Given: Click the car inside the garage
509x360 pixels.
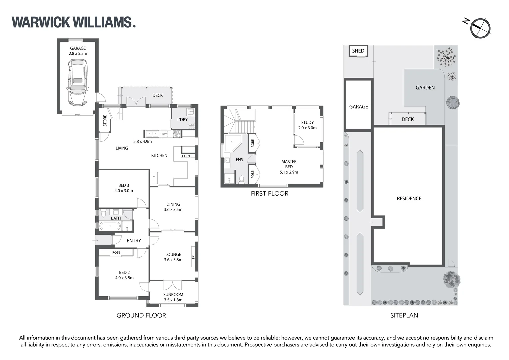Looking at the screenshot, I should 78,82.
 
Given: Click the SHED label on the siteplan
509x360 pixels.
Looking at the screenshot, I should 358,51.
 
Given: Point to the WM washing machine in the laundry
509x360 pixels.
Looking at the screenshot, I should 191,125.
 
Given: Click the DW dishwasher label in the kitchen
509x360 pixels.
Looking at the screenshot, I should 164,134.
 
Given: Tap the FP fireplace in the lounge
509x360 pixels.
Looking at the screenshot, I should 193,257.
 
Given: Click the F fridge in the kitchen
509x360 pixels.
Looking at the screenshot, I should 154,178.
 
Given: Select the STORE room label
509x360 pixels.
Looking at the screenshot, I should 105,121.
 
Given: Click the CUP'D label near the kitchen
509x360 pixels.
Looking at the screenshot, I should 186,156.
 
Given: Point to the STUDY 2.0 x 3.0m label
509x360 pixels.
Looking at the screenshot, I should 307,125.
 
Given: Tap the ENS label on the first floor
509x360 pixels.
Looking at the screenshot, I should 239,160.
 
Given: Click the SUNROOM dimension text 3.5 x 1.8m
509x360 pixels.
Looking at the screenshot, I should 173,300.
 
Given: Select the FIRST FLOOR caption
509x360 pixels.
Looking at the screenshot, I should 269,193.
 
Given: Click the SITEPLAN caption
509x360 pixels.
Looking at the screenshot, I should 404,315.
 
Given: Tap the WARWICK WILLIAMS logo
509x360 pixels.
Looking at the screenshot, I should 74,22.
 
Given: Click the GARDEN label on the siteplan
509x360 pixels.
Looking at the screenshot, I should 425,88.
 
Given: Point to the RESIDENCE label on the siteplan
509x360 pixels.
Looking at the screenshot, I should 409,198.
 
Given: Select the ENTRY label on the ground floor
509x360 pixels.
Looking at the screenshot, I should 134,240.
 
